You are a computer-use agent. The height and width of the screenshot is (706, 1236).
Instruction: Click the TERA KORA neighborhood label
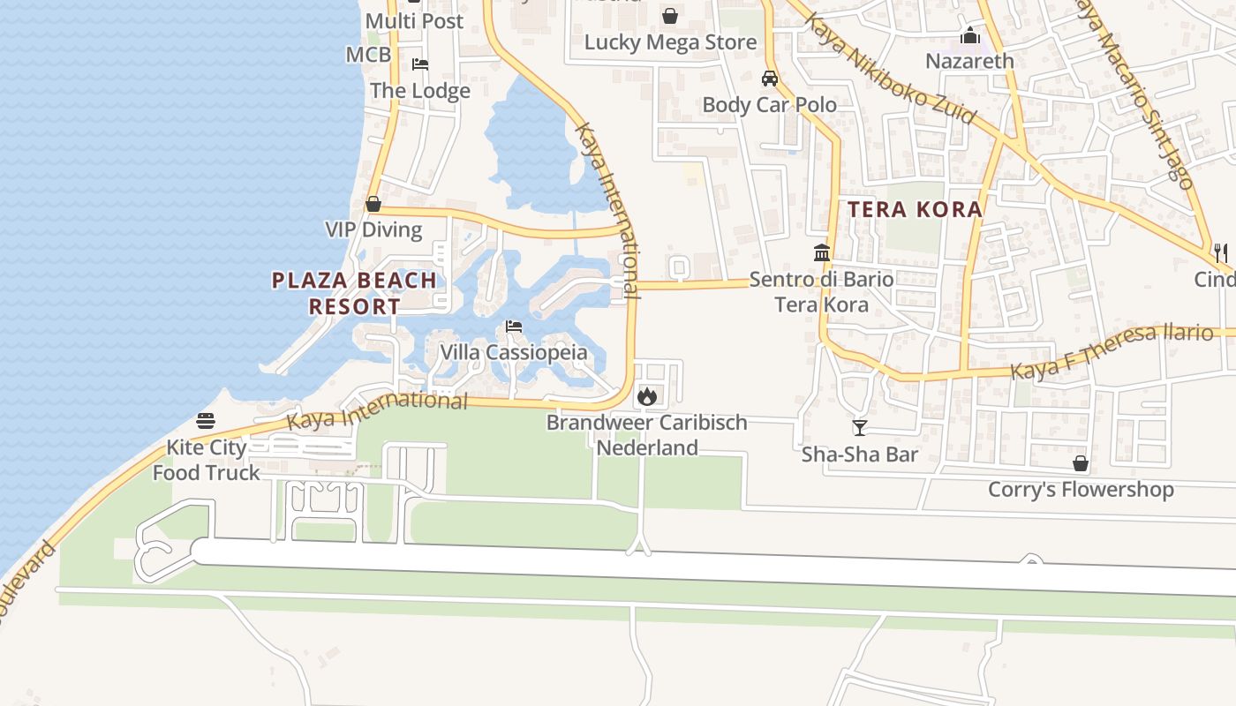pos(916,209)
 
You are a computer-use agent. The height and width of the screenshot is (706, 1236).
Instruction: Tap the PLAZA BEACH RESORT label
pos(354,293)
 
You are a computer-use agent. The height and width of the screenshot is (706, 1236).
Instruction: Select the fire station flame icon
pos(646,396)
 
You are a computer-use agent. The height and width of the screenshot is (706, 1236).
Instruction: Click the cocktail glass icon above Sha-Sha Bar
pos(859,429)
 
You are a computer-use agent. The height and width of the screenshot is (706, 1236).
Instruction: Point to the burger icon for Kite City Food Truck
pos(206,421)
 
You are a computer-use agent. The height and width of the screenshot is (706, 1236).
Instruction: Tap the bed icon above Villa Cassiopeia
pos(514,327)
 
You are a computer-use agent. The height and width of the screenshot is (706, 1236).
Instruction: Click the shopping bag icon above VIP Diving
pos(373,204)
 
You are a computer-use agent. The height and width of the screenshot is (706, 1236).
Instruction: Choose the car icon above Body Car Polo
pos(770,78)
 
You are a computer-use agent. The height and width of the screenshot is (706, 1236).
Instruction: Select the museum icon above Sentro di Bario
pos(822,253)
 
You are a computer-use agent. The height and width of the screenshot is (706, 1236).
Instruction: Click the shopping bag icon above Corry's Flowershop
pos(1080,463)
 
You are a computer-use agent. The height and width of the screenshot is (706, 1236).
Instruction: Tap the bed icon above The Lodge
pos(420,64)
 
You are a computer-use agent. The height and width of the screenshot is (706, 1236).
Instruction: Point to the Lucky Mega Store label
pos(670,42)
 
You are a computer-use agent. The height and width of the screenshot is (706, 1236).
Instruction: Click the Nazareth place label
pos(969,61)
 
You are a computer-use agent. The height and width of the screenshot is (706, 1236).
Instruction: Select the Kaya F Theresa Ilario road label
pos(1112,351)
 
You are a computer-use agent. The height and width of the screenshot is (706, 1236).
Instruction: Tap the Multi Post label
pos(414,20)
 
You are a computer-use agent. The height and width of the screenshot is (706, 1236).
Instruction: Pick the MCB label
pos(368,55)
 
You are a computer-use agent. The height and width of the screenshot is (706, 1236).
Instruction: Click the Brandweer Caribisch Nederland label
pos(647,435)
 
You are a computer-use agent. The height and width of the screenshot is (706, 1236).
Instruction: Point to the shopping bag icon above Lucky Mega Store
pos(670,16)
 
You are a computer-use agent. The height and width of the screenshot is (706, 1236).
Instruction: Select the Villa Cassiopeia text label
pos(514,352)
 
